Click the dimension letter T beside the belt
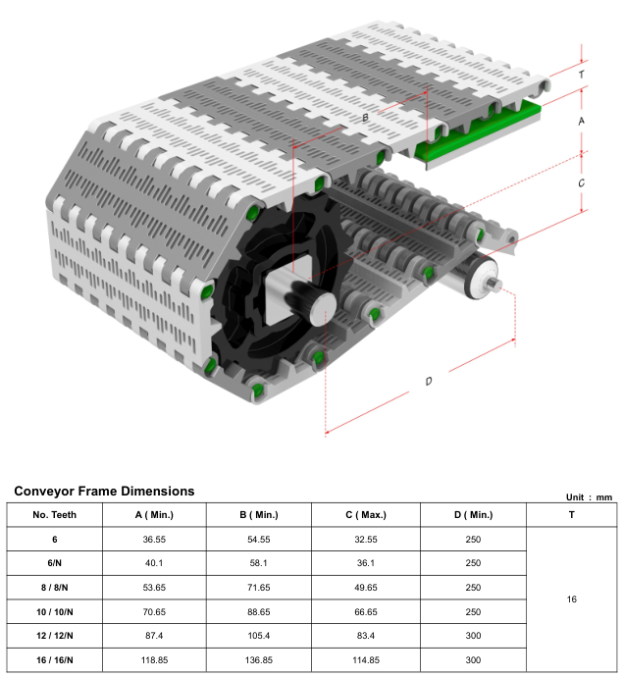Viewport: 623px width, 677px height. (582, 75)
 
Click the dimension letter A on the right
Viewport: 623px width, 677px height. (582, 120)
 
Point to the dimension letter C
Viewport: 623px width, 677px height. (582, 182)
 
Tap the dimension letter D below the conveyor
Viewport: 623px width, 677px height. (428, 381)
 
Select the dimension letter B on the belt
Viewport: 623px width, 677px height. (365, 118)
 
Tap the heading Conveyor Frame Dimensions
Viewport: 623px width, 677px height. (104, 491)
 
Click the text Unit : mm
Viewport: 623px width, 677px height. (589, 497)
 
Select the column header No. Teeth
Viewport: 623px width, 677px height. (54, 514)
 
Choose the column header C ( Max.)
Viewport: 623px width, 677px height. (366, 514)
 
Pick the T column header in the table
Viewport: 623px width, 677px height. (572, 514)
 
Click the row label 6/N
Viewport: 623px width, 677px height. (54, 563)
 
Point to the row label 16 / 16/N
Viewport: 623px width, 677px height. (54, 659)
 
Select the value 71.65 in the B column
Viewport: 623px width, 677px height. (258, 587)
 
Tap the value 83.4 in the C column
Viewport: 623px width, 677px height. (366, 635)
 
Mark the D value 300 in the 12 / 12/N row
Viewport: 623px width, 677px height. (473, 635)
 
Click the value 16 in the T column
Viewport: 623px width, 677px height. (572, 599)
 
